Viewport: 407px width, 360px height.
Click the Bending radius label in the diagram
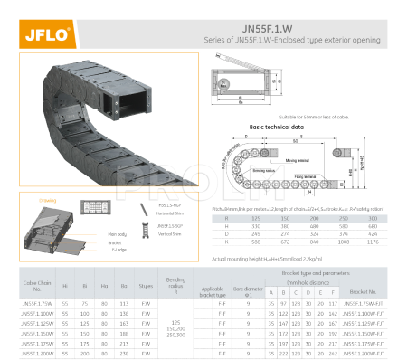tap(264, 169)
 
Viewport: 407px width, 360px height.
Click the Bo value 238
tap(124, 355)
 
